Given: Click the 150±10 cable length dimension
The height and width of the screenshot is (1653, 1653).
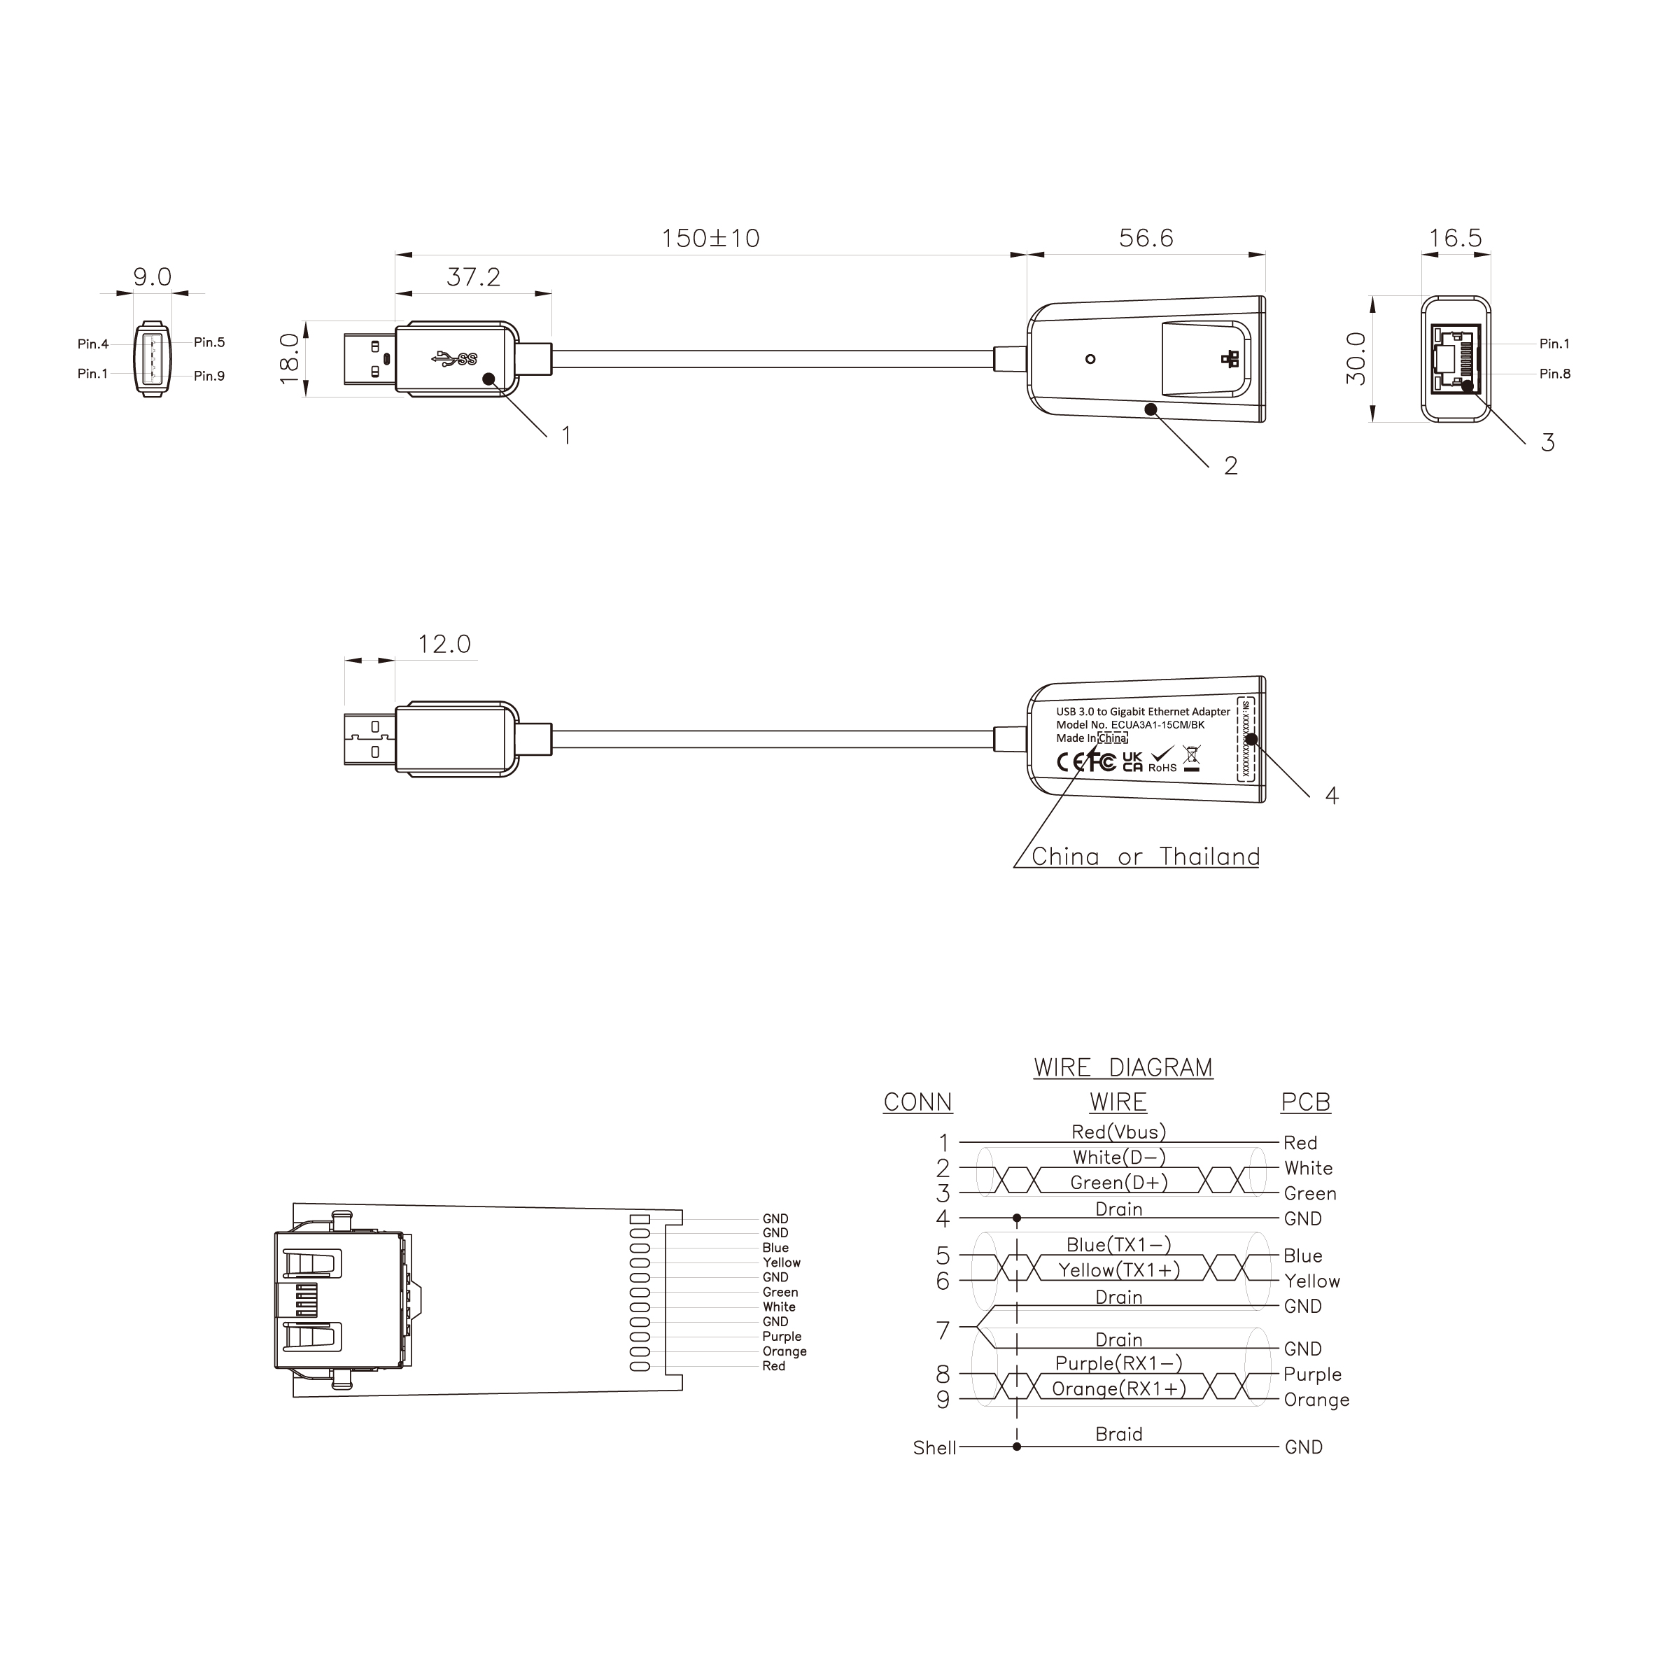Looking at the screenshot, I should point(710,239).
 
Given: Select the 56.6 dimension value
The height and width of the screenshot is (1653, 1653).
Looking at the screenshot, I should point(1146,239).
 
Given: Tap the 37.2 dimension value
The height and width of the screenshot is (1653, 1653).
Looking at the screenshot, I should point(473,277).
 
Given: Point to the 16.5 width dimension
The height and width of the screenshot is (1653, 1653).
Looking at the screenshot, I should point(1456,239).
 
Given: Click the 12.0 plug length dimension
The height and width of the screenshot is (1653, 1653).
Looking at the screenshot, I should point(444,645).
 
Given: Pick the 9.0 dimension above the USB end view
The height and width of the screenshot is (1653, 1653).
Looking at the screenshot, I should point(153,277).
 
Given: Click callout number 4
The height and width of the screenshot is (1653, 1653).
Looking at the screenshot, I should point(1331,796).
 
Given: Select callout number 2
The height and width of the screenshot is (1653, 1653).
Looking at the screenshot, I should point(1230,466).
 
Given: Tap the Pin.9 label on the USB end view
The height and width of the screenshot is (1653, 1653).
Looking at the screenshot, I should point(209,376).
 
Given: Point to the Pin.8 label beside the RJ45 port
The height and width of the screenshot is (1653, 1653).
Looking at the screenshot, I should point(1554,374).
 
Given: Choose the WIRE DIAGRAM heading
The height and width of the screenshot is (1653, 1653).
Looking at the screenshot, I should point(1123,1068).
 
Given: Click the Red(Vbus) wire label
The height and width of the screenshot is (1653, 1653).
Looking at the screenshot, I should point(1118,1132).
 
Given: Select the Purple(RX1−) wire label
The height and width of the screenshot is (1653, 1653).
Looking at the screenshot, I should point(1118,1363).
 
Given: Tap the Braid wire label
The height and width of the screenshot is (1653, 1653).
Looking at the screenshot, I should point(1118,1434).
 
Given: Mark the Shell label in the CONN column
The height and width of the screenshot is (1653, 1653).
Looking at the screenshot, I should point(934,1448).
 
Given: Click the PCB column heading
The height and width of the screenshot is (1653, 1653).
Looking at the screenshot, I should point(1304,1102).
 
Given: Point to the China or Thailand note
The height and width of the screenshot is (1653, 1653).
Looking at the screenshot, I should point(1145,857).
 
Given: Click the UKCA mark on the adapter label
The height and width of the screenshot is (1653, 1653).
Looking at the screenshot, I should point(1132,761).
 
